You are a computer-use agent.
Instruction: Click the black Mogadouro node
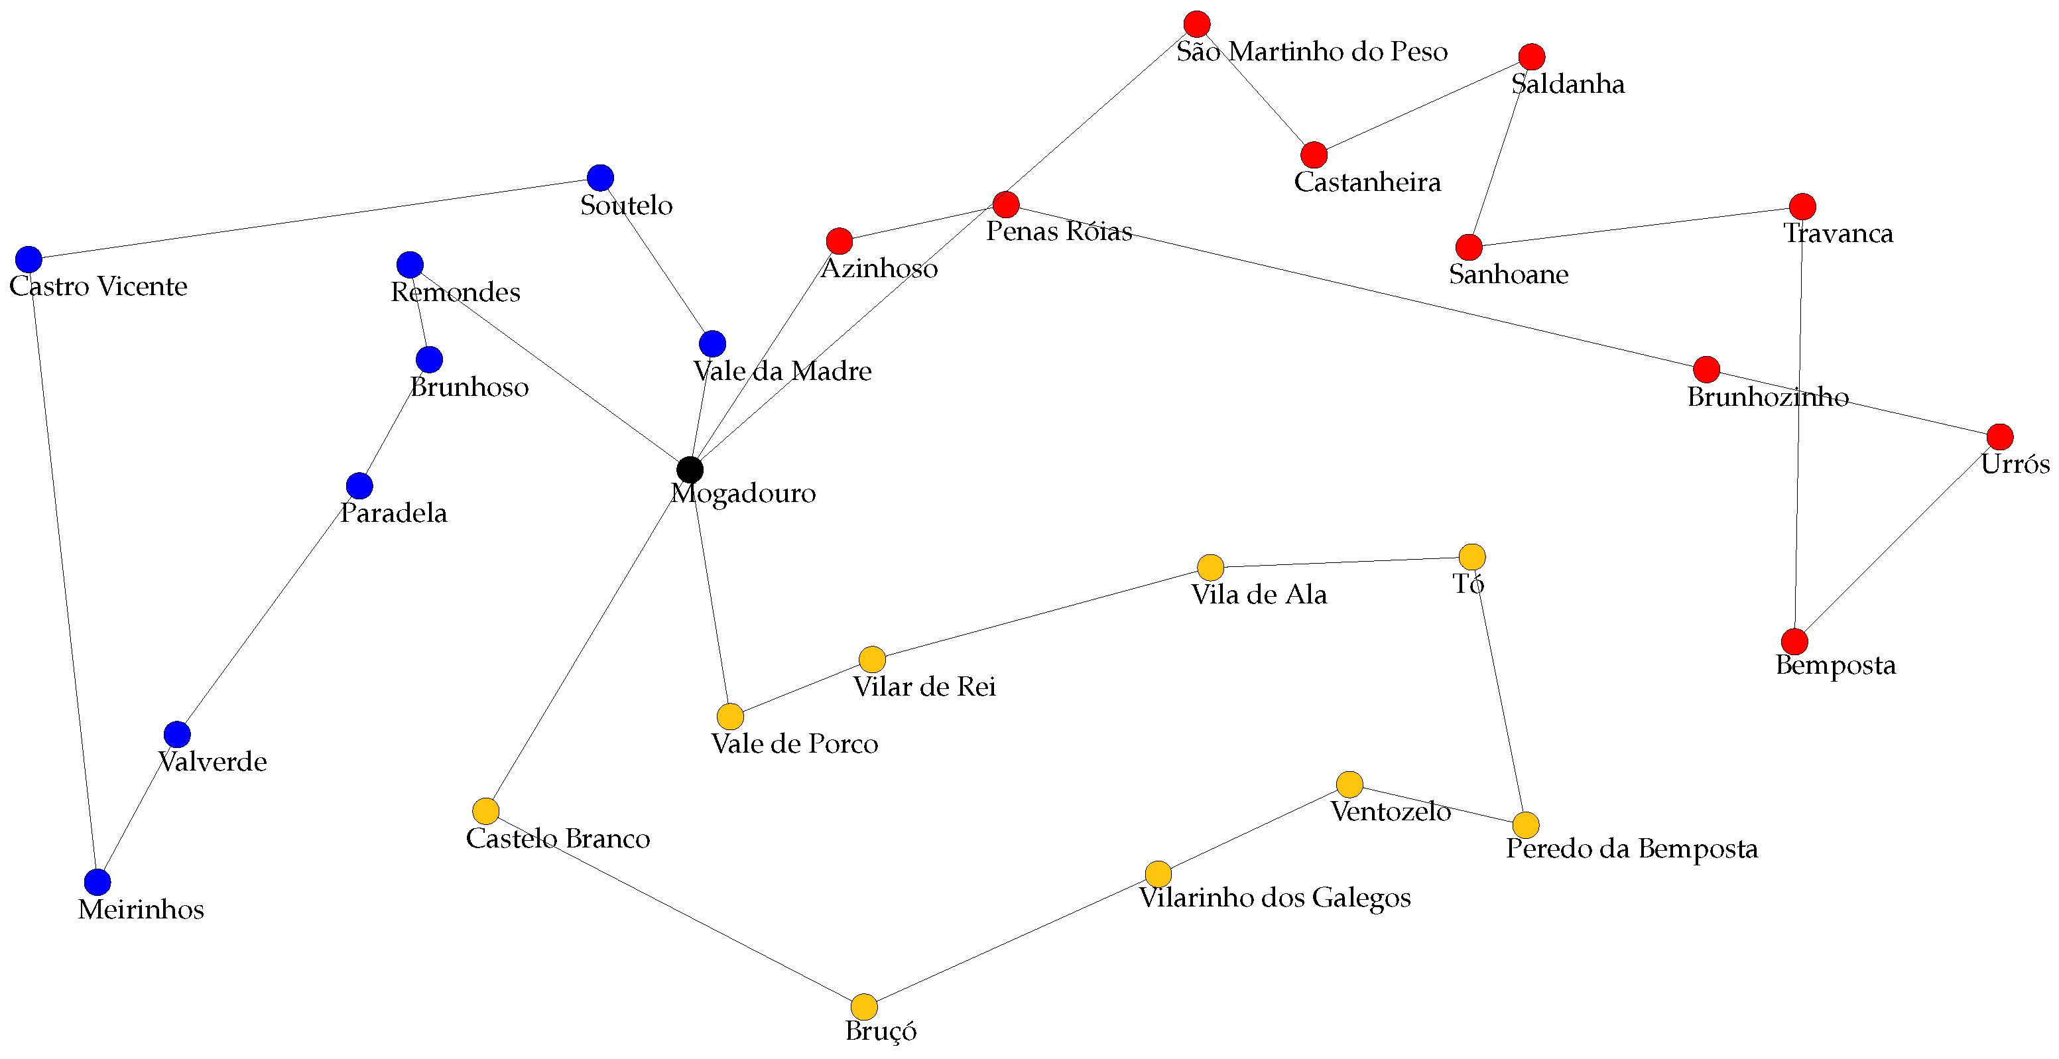pos(690,469)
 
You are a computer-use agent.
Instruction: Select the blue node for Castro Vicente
pos(29,259)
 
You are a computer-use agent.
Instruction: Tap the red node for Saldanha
pos(1531,57)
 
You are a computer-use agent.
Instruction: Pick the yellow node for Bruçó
pos(864,1006)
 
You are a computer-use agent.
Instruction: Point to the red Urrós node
pos(2000,437)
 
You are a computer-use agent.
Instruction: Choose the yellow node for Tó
pos(1472,556)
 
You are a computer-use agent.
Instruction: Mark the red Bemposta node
pos(1794,641)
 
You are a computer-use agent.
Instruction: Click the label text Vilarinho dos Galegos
pos(1275,898)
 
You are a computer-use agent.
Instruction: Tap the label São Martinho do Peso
pos(1312,52)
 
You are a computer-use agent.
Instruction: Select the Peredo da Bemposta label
pos(1631,849)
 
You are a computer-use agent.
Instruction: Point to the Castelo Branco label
pos(558,838)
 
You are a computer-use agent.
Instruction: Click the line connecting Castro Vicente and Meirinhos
pos(63,571)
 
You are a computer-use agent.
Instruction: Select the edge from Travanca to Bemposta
pos(1798,424)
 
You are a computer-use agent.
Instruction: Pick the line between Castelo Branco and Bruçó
pos(674,908)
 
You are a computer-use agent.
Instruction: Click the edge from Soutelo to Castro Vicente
pos(314,218)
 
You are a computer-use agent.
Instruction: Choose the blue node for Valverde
pos(178,733)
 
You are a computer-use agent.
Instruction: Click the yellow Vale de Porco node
pos(729,716)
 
